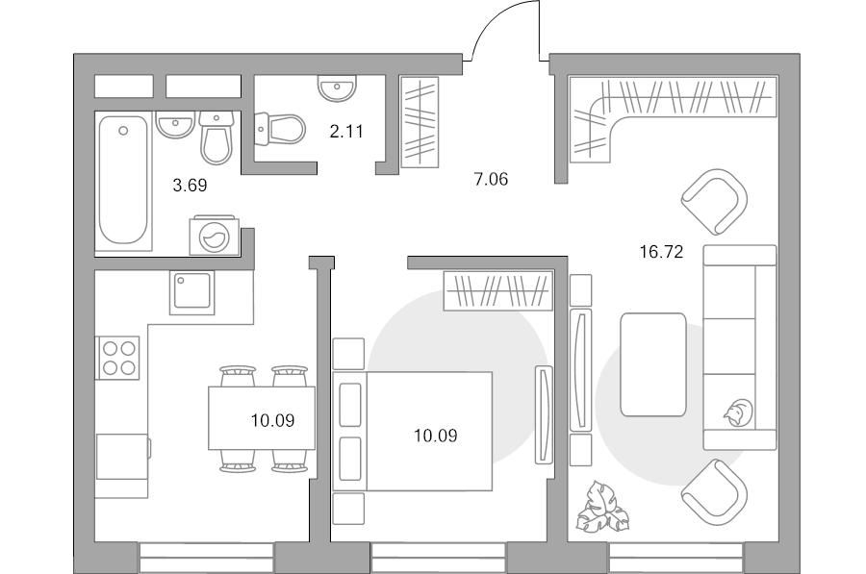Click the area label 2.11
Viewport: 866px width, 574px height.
tap(346, 132)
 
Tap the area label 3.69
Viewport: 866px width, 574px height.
tap(190, 186)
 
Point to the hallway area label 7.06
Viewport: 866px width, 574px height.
tap(491, 180)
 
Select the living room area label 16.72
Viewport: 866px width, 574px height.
tap(661, 252)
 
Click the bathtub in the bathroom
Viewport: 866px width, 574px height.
tap(123, 180)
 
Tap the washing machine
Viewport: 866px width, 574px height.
tap(215, 236)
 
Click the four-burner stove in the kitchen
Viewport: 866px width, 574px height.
tap(118, 358)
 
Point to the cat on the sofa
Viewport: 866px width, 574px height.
tap(738, 412)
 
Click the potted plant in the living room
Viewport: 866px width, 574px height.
tap(602, 508)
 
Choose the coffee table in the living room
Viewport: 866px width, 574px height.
tap(652, 364)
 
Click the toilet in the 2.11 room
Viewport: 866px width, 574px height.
tap(280, 129)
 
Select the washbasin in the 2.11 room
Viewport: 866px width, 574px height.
tap(337, 88)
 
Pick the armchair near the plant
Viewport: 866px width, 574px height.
tap(716, 492)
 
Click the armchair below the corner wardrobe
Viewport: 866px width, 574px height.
tap(715, 202)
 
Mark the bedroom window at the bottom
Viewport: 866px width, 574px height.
tap(438, 558)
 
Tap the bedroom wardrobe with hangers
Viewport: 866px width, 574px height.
tap(498, 290)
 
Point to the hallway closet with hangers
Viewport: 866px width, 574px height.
tap(420, 122)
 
